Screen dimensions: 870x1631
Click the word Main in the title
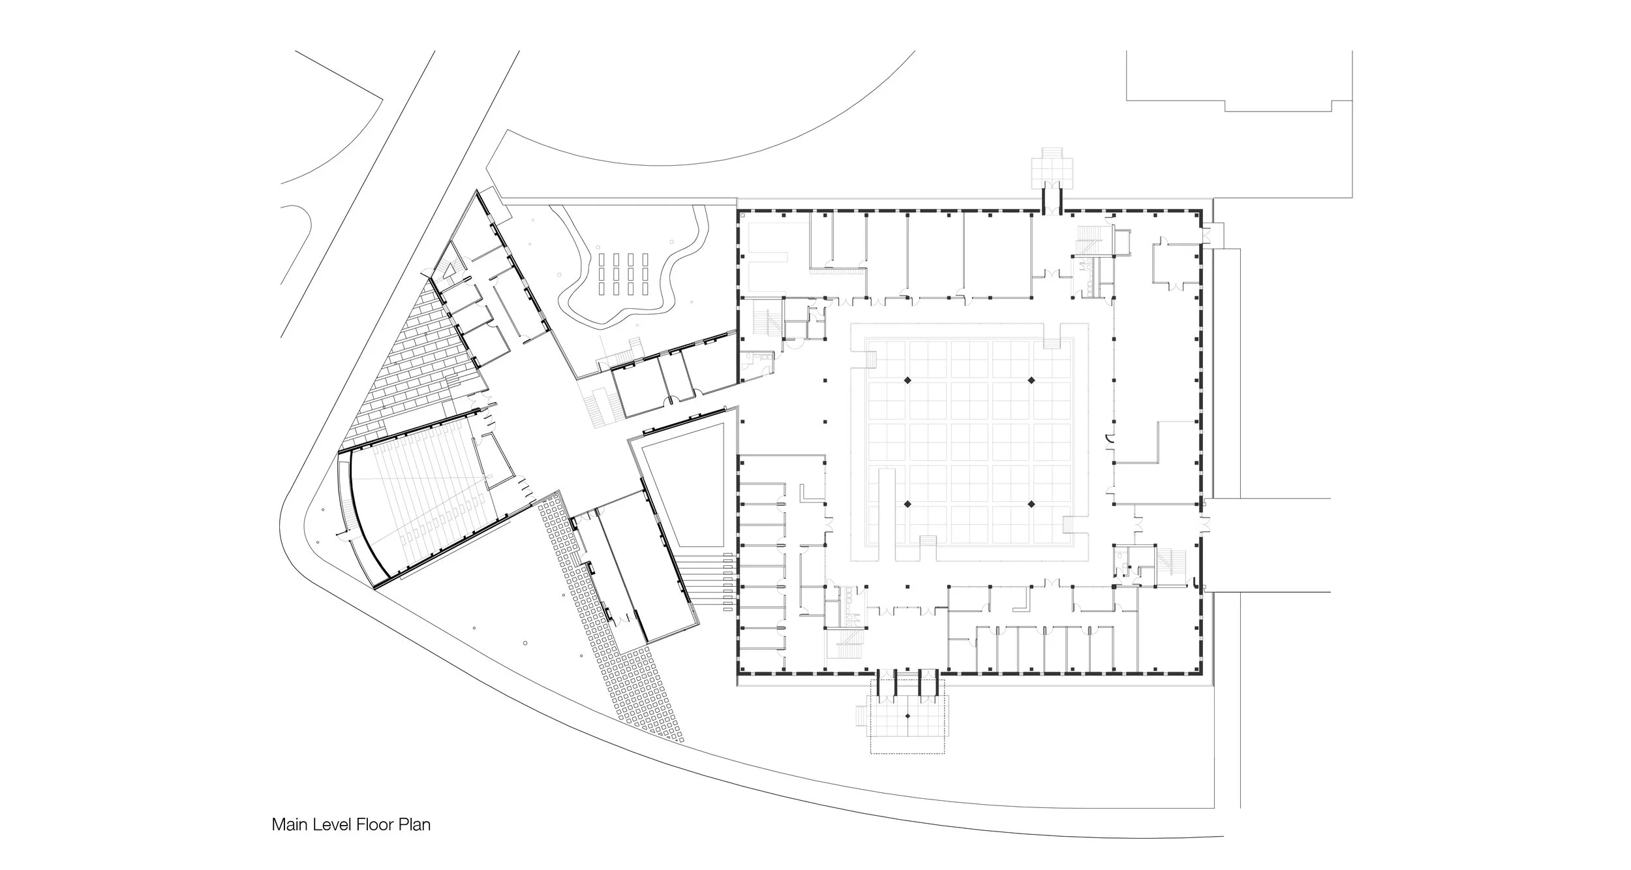[x=289, y=825]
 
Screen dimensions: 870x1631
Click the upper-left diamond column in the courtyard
[x=906, y=380]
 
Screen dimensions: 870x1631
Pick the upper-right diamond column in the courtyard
[x=1031, y=380]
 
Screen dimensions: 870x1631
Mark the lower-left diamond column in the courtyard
[x=906, y=504]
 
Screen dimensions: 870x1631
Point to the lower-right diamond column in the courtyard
[x=1031, y=504]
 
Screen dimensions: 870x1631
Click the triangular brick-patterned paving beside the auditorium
[x=418, y=365]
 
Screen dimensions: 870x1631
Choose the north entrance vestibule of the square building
[x=1051, y=196]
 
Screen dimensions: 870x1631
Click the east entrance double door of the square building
[x=1204, y=522]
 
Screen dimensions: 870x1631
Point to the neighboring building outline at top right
[x=1240, y=78]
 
